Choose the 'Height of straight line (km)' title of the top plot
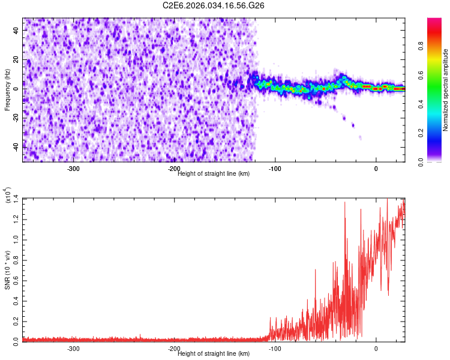[214, 173]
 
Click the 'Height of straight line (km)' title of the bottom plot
[214, 353]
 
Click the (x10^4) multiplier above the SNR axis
[8, 195]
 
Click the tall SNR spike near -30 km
[345, 204]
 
